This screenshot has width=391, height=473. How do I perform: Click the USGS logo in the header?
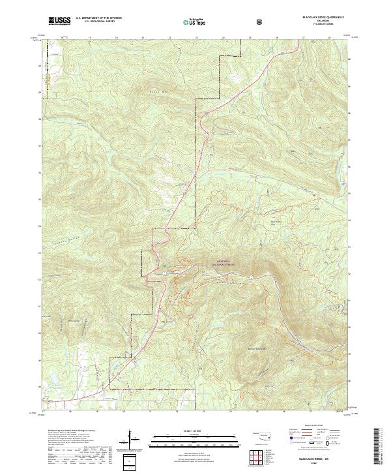[x=60, y=21]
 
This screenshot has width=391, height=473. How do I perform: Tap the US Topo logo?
[x=195, y=22]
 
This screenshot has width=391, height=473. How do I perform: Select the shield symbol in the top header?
[x=261, y=22]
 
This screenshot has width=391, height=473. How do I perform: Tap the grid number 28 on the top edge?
[x=330, y=38]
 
